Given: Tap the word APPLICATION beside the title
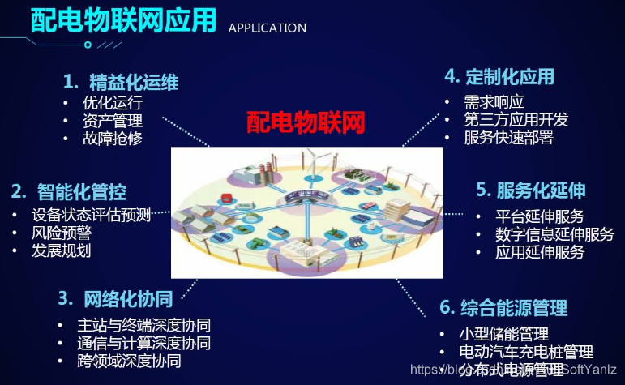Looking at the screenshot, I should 268,28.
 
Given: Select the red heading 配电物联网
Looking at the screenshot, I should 306,122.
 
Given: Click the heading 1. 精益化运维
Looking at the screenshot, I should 121,82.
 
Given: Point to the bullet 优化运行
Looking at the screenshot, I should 112,104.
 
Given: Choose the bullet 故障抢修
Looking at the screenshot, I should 112,139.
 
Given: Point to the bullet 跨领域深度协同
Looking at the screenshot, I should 129,361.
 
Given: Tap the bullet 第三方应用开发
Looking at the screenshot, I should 516,120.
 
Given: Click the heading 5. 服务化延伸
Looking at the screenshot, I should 530,190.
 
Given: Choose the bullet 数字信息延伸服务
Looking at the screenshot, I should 554,234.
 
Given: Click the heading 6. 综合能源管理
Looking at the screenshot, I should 503,308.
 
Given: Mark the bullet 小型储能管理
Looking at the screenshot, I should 503,334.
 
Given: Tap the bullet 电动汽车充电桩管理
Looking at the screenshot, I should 526,353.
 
